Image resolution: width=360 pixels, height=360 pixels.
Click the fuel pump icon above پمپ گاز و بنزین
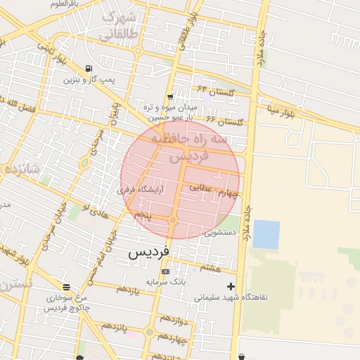coord(88,69)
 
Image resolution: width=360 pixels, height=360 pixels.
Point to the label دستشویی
coord(223,231)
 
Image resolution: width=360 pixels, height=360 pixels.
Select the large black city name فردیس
coord(148,252)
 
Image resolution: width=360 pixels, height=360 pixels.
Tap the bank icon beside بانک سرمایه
coord(165,271)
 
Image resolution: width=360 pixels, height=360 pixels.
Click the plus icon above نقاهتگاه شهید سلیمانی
coord(231,286)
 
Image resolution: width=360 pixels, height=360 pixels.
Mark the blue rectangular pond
coord(266,234)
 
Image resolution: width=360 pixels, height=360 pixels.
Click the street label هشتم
coord(210,268)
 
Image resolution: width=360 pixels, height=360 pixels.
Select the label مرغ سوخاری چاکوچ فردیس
coord(65,303)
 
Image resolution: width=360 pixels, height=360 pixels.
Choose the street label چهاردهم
coord(171,339)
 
